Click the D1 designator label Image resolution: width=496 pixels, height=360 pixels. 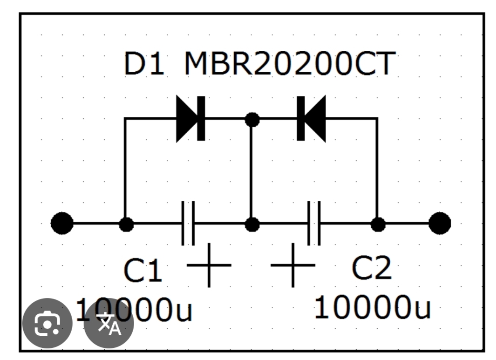144,64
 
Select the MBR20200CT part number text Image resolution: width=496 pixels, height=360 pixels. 290,64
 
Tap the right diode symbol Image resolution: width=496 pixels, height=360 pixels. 311,119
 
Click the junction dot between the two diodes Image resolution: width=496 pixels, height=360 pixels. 252,119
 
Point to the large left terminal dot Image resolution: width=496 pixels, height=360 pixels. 62,224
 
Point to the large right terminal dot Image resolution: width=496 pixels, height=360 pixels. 440,224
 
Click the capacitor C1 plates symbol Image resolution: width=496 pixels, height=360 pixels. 188,224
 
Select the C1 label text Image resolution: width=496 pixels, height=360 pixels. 143,271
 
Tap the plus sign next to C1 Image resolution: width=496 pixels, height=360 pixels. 209,265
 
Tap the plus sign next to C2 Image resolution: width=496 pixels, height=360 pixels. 293,265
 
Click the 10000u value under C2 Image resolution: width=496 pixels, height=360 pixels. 373,307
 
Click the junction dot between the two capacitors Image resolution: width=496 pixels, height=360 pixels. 252,224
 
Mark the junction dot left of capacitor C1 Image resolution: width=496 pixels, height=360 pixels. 126,224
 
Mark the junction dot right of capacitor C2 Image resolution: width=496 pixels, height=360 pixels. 378,224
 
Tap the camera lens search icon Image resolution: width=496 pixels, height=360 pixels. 48,323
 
